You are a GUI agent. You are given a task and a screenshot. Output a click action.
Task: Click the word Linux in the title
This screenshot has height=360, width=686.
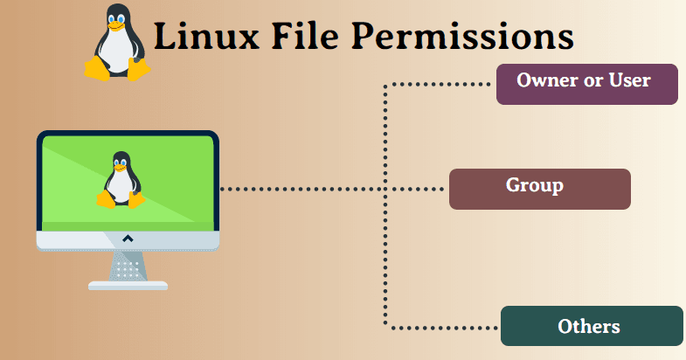click(x=204, y=37)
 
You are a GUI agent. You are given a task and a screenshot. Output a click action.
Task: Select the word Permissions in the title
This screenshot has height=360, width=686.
click(x=462, y=37)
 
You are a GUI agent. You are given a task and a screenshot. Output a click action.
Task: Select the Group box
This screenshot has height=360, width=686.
click(x=539, y=189)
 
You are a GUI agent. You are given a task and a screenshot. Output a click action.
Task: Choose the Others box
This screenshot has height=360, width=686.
click(x=592, y=326)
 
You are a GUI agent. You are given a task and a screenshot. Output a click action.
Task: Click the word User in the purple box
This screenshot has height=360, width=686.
click(x=631, y=80)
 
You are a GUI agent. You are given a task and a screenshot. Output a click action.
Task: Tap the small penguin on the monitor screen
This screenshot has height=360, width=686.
click(x=121, y=181)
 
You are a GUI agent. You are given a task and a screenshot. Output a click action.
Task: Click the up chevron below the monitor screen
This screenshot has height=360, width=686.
click(x=128, y=238)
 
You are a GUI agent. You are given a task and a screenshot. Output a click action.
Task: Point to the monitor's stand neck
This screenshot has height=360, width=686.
click(x=128, y=265)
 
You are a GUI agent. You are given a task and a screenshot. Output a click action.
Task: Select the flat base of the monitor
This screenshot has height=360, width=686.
click(x=128, y=285)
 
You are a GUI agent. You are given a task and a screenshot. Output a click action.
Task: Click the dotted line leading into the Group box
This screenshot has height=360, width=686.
click(x=418, y=189)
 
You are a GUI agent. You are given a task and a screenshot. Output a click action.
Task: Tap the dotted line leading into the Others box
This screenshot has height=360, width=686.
click(x=441, y=328)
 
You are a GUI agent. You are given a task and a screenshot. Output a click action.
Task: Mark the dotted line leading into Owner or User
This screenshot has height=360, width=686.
click(x=437, y=85)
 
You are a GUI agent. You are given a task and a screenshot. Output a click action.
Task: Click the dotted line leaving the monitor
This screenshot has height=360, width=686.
click(x=297, y=189)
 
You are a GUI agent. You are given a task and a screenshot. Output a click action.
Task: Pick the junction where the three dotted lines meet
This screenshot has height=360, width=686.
click(x=385, y=189)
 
